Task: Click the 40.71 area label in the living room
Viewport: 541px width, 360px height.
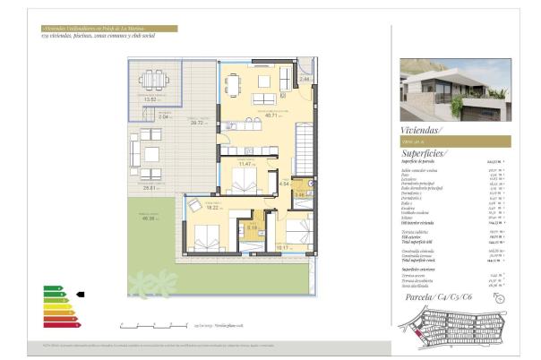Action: point(270,116)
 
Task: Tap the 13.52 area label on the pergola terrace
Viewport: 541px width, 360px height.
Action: point(150,99)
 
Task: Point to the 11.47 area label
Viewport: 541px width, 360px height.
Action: point(243,164)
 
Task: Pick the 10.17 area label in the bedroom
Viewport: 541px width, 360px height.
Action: point(283,245)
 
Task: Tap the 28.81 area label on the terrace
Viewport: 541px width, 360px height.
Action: point(149,188)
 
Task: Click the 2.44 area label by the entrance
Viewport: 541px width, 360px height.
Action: point(305,80)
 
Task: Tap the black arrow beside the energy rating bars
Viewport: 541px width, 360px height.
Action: point(80,293)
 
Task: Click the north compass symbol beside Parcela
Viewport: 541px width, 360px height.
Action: point(500,297)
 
